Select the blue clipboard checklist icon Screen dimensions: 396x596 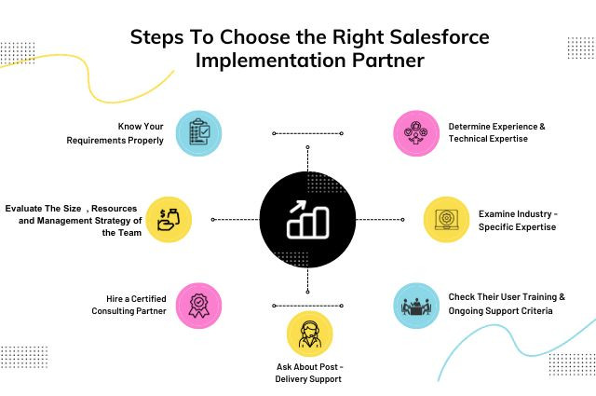pyautogui.click(x=198, y=133)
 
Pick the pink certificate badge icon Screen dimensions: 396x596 pyautogui.click(x=198, y=305)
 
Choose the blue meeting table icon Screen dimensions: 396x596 pyautogui.click(x=414, y=306)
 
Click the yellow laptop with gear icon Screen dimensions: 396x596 pyautogui.click(x=446, y=220)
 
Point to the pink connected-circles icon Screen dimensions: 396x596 pyautogui.click(x=415, y=133)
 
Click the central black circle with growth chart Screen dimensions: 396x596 pyautogui.click(x=306, y=219)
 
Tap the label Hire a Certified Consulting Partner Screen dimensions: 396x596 pyautogui.click(x=129, y=305)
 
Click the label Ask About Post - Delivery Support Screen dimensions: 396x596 pyautogui.click(x=309, y=372)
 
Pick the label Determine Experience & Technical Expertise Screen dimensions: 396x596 pyautogui.click(x=496, y=132)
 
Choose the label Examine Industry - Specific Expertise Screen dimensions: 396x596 pyautogui.click(x=518, y=220)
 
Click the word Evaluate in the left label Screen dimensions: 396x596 pyautogui.click(x=25, y=208)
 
